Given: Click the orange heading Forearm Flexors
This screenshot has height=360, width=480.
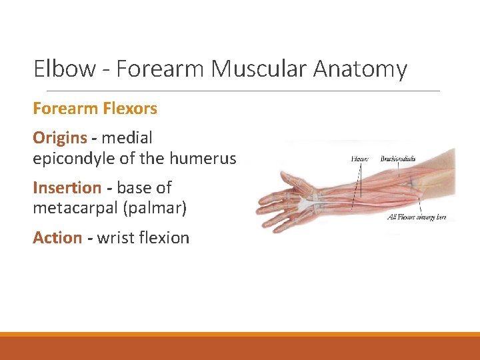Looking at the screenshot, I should (95, 108).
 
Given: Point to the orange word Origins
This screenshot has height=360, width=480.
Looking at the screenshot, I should (60, 138).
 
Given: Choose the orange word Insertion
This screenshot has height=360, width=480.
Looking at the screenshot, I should (67, 188).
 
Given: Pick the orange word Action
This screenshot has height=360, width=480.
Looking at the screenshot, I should (57, 238).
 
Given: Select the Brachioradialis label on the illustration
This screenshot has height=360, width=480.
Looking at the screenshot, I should (397, 159).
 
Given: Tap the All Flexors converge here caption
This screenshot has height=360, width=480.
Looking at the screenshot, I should (417, 217).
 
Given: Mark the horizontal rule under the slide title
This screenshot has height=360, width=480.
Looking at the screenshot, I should (237, 91).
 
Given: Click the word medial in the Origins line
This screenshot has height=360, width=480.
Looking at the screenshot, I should (127, 138).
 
